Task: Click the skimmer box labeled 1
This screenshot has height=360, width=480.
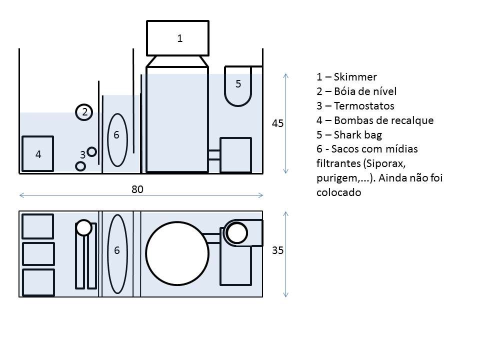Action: point(177,38)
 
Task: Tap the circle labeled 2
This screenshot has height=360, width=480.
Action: point(84,112)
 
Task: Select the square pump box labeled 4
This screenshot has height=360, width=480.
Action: point(37,154)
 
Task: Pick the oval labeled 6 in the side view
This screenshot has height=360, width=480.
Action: point(117,139)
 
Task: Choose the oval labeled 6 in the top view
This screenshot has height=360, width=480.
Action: point(117,253)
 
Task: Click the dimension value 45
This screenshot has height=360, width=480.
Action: point(278,123)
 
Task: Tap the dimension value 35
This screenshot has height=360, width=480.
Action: point(278,250)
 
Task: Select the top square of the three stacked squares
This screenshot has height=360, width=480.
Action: point(38,226)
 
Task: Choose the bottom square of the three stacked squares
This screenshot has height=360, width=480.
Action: point(38,281)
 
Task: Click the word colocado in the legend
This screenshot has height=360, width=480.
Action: point(338,192)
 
